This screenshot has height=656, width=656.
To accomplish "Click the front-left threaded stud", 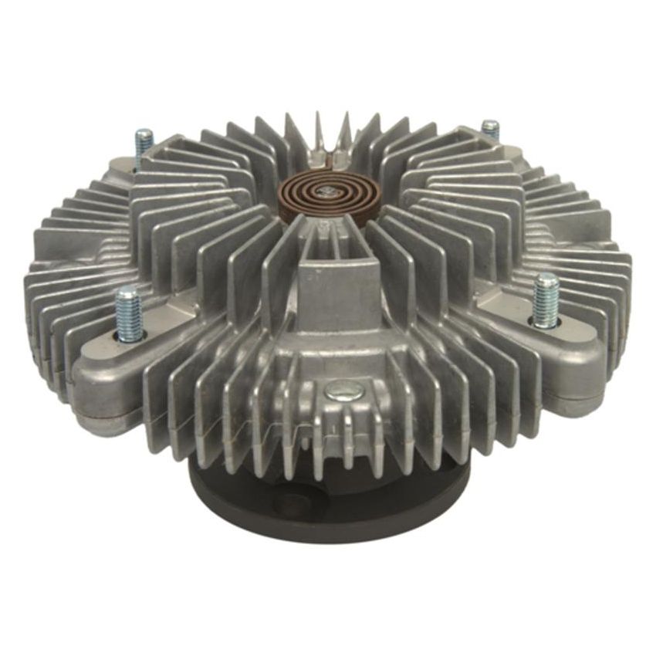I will point(129,313).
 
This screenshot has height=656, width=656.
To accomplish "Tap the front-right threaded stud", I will point(546,297).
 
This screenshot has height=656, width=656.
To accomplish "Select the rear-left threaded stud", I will point(144,147).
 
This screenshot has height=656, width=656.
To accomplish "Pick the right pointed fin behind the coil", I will point(344,127).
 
